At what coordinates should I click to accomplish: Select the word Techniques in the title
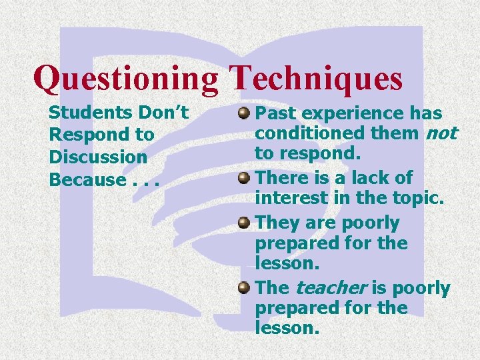[316, 79]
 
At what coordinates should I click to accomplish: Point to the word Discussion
[98, 157]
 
